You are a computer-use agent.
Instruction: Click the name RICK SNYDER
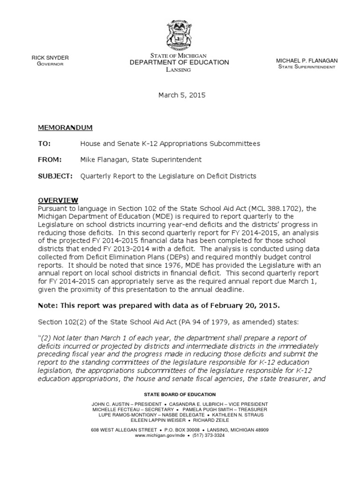[50, 58]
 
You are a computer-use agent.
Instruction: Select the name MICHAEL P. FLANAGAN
[307, 61]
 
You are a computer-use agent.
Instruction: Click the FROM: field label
[49, 159]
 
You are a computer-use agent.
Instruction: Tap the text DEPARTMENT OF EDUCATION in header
[180, 62]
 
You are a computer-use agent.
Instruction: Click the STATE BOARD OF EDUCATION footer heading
[180, 394]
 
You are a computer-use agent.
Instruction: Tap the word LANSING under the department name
[180, 69]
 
